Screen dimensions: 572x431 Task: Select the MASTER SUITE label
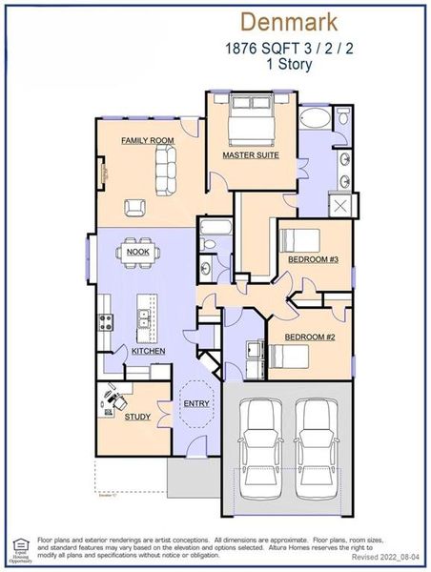[251, 154]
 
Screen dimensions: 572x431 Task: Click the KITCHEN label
[148, 351]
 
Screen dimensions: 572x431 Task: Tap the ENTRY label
[196, 404]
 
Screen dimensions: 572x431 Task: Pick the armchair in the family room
[135, 206]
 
